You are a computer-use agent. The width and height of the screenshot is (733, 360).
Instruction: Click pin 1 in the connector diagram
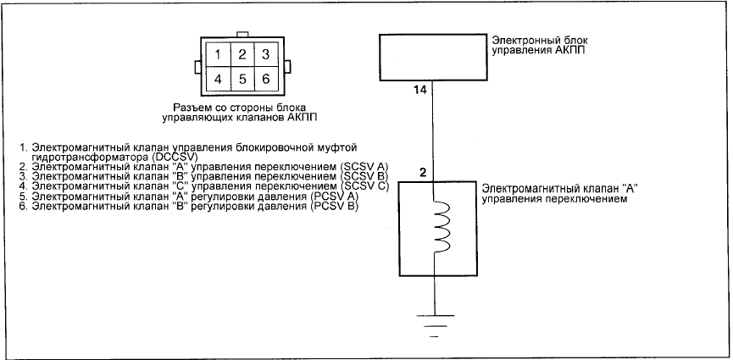point(218,55)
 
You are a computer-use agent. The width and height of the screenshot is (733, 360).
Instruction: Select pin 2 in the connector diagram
point(242,55)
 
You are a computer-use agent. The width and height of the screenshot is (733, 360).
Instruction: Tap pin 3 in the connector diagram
point(265,55)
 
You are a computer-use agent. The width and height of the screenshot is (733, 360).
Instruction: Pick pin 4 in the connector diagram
point(218,79)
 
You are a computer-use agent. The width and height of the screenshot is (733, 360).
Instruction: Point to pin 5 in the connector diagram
point(242,79)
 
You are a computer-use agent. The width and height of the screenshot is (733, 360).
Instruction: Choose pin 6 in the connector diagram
point(265,79)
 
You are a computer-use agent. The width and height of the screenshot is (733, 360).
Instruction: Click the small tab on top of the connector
point(242,35)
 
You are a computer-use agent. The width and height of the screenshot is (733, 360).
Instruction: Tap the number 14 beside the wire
point(420,91)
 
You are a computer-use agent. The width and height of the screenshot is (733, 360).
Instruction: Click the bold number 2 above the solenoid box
point(423,173)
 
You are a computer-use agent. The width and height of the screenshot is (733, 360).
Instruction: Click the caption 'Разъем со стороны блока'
point(242,107)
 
